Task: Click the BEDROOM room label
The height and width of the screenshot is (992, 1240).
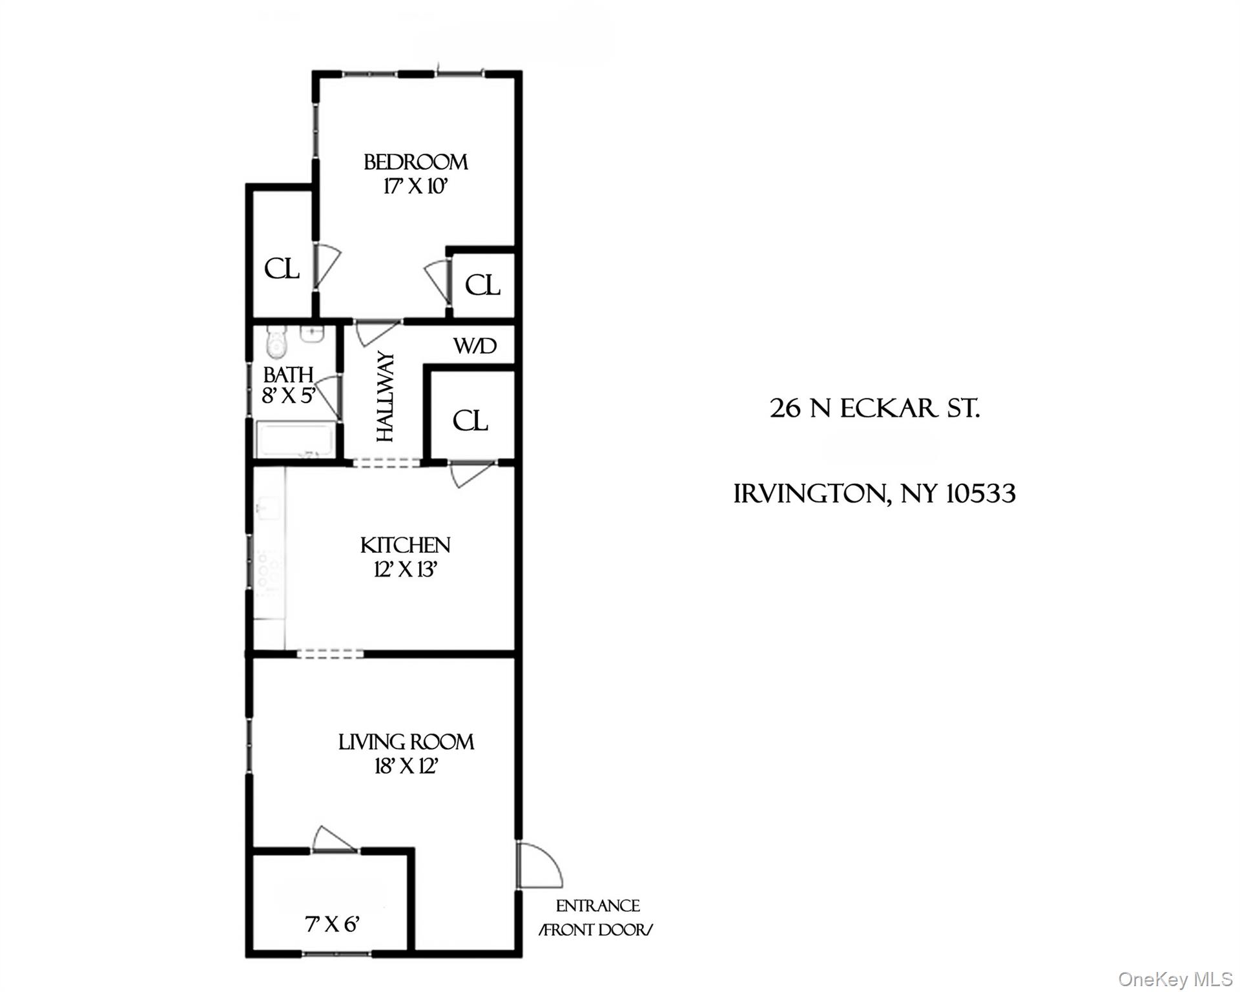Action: [x=415, y=161]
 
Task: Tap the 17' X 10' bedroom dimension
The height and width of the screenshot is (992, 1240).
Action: [x=415, y=187]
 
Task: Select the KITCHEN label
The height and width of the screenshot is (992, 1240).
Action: [x=405, y=545]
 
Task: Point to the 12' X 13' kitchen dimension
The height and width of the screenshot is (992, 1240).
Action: [x=406, y=570]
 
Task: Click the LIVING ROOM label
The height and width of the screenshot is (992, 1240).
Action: [x=406, y=742]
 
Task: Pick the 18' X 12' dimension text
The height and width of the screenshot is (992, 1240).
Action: [x=406, y=767]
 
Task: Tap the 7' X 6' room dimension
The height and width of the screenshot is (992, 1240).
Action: [x=332, y=924]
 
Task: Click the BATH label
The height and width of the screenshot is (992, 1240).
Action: [x=288, y=375]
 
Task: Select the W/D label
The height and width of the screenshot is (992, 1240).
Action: [x=475, y=346]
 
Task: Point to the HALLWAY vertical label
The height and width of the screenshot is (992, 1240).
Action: [x=385, y=397]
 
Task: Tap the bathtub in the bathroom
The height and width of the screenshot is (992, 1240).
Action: [x=295, y=440]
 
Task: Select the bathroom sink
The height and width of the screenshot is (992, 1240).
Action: [x=313, y=334]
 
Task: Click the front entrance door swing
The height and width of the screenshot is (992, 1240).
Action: [x=537, y=865]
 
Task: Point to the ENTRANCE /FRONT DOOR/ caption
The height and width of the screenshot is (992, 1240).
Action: [x=597, y=918]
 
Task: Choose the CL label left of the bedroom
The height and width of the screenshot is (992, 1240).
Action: [x=282, y=269]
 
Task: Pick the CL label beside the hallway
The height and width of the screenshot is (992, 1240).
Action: [x=470, y=421]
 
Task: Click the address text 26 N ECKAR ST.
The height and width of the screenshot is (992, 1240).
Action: [x=874, y=408]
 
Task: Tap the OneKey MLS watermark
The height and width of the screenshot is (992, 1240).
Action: [x=1175, y=979]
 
